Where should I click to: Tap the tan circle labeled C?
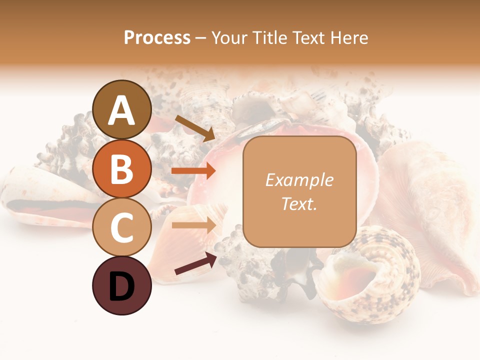click(122, 227)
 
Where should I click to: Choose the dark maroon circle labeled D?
click(122, 286)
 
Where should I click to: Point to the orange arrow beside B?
click(193, 171)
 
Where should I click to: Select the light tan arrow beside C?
click(193, 225)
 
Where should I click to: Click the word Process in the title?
click(157, 38)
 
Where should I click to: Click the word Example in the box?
click(299, 180)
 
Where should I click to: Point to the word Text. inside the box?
click(299, 204)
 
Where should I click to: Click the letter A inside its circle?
click(122, 111)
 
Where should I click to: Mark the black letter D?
click(122, 287)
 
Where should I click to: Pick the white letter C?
click(122, 228)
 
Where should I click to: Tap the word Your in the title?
click(229, 38)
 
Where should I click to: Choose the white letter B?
click(122, 169)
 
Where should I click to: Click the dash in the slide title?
click(200, 38)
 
